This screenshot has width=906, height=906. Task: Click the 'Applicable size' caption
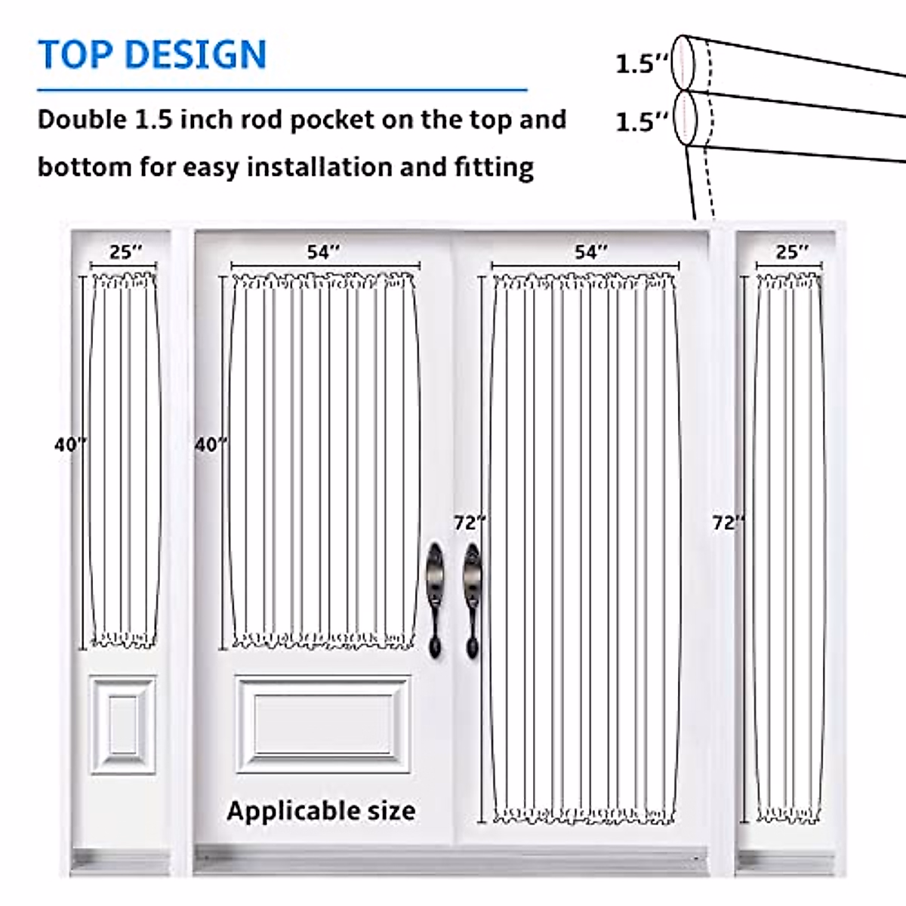321,811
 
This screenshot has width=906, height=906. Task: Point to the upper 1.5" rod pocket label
642,63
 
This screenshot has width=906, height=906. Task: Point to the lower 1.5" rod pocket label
642,122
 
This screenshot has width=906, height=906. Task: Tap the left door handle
436,596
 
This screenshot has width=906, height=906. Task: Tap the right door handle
472,596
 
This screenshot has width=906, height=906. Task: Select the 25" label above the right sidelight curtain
791,251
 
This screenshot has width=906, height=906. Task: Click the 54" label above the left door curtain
323,251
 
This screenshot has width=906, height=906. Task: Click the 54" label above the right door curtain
590,251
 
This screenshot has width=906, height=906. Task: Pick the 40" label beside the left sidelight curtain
70,445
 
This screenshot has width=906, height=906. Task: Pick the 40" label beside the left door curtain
211,445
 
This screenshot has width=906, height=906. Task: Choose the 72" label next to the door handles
470,522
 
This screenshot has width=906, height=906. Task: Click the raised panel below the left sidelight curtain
123,725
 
